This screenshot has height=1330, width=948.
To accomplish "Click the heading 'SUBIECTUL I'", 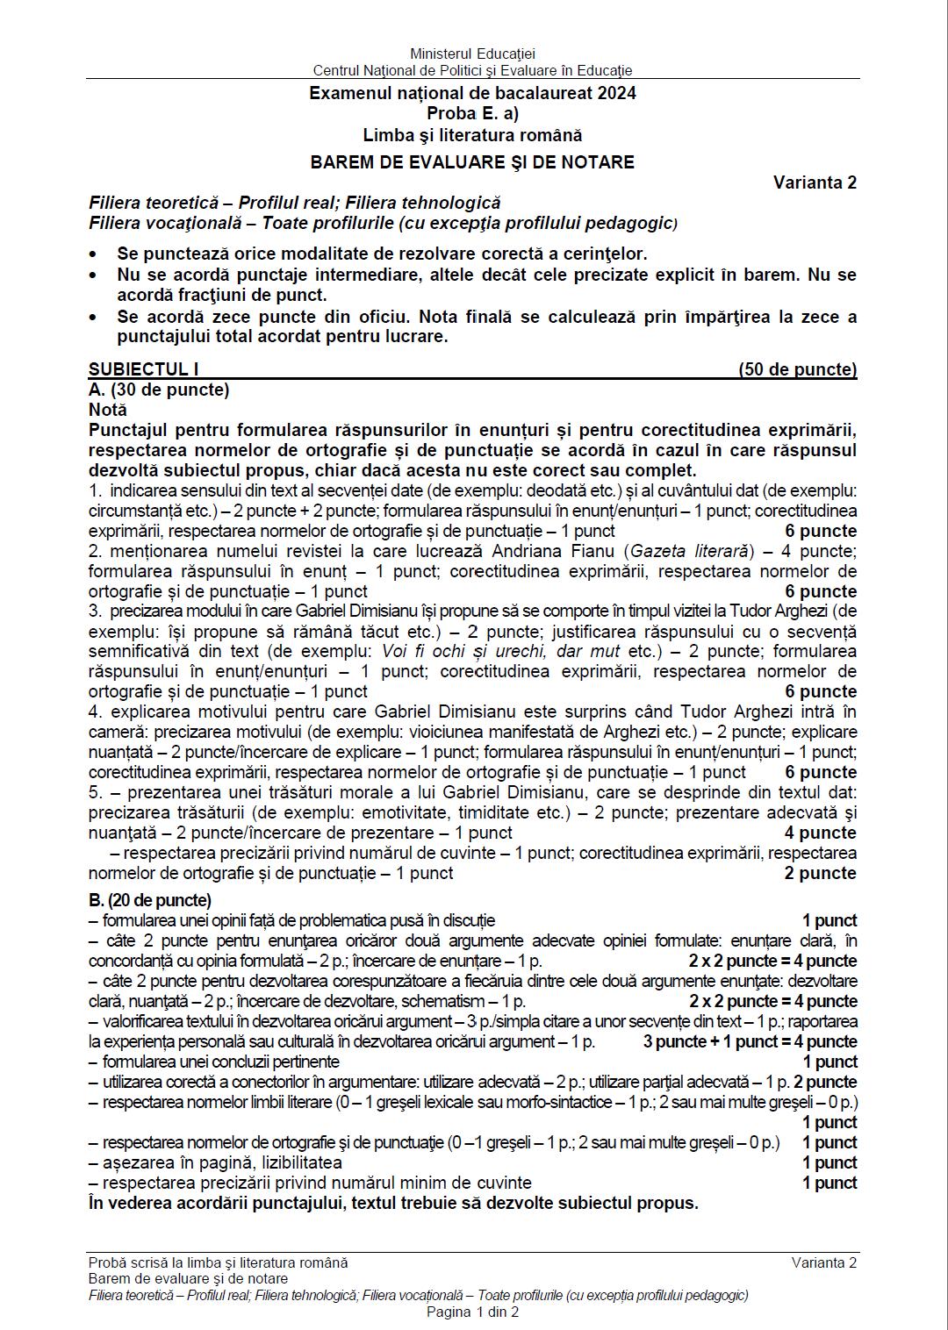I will pos(144,369).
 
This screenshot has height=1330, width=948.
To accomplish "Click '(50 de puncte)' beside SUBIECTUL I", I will pos(797,369).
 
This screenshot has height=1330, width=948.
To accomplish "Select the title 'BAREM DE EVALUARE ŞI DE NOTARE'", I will pos(472,161).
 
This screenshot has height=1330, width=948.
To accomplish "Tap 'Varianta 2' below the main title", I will pos(815,182).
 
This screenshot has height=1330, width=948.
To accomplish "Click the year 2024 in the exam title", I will pos(617,93).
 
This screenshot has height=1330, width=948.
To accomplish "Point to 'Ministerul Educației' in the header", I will pos(472,54).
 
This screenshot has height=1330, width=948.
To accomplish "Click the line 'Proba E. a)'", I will pos(472,113).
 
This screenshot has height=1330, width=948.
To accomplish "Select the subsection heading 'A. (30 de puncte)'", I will pos(159,390).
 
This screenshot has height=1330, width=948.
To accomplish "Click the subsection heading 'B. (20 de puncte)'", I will pos(150,900).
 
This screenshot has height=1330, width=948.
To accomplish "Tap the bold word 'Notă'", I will pos(108,410).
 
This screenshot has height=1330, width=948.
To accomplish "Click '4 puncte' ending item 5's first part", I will pos(821,833).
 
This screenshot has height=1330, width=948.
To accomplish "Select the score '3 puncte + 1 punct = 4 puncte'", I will pos(750,1041).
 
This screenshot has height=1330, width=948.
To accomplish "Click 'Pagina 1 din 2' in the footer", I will pos(472,1312).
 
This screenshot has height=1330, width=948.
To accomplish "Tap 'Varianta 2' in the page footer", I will pos(823,1262).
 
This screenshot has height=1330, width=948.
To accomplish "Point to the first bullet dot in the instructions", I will pos(95,254).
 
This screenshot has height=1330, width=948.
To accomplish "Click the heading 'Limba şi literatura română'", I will pos(472,135).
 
